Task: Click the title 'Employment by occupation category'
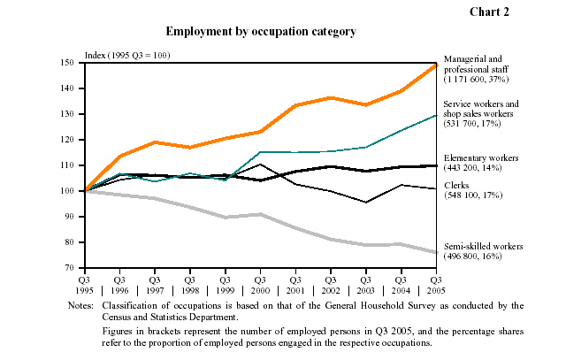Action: coord(261,31)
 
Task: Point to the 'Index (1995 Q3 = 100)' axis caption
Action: coord(126,55)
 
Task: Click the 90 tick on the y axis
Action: coord(75,217)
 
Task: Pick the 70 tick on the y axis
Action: coord(75,268)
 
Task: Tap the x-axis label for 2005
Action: coord(435,284)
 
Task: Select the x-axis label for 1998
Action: coord(189,284)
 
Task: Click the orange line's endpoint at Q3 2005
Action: coord(436,65)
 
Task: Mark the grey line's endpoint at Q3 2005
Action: coord(436,252)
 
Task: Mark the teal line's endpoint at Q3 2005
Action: coord(436,115)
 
